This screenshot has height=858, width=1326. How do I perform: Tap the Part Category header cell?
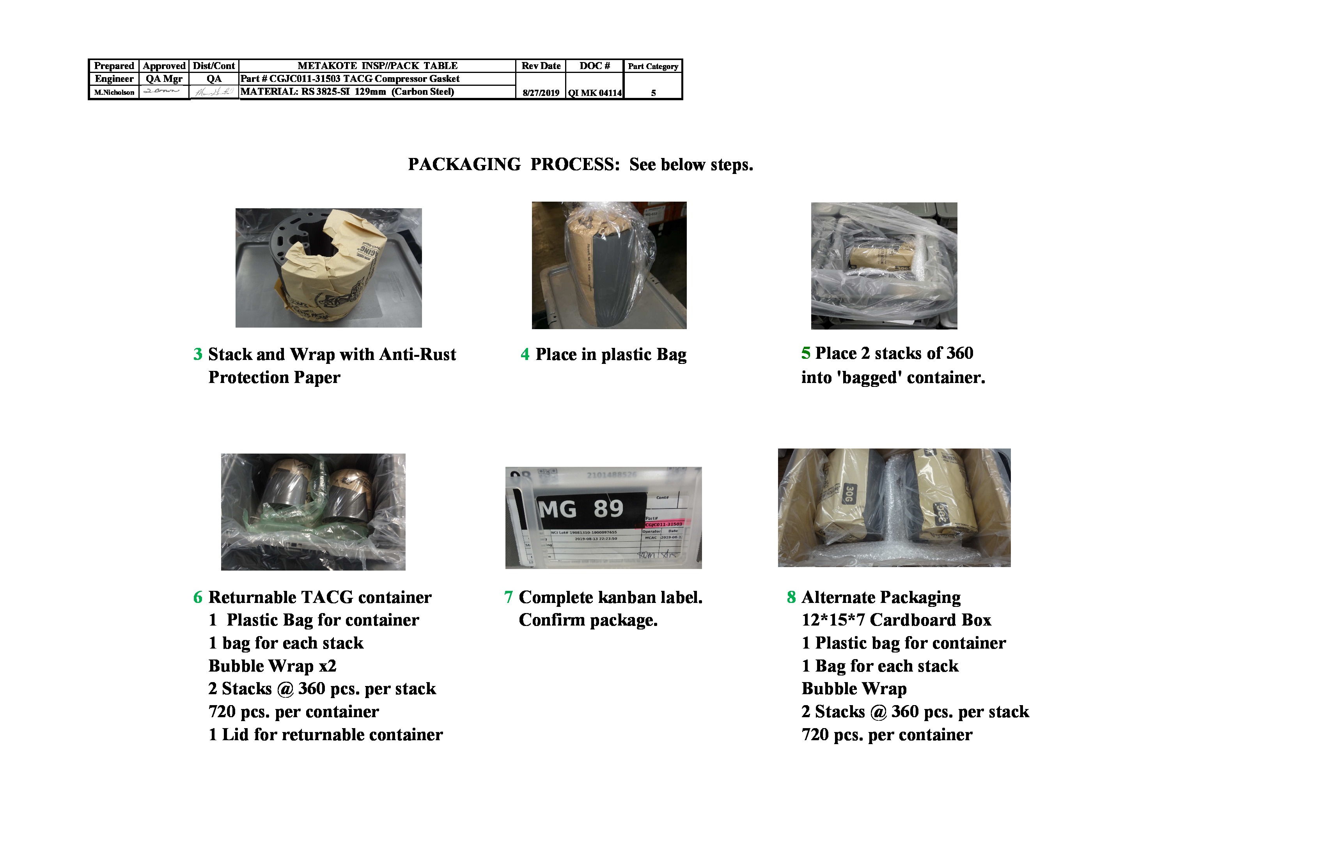pyautogui.click(x=653, y=66)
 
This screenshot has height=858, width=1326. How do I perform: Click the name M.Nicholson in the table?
pyautogui.click(x=114, y=92)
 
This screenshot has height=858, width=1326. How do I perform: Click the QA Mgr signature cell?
pyautogui.click(x=163, y=91)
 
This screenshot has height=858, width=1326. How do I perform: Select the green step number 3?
pyautogui.click(x=198, y=355)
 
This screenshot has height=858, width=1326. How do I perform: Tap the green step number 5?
pyautogui.click(x=806, y=353)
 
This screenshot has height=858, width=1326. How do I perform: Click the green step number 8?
pyautogui.click(x=791, y=597)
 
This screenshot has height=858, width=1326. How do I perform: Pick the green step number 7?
pyautogui.click(x=508, y=597)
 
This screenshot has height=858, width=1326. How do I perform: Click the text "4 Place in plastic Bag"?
pyautogui.click(x=603, y=355)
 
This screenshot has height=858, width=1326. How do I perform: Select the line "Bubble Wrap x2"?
pyautogui.click(x=273, y=666)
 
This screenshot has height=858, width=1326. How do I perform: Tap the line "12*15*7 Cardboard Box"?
pyautogui.click(x=896, y=620)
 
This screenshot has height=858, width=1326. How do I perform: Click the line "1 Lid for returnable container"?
pyautogui.click(x=325, y=735)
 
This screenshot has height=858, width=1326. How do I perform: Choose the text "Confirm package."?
pyautogui.click(x=588, y=620)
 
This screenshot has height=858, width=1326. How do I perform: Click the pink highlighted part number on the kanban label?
pyautogui.click(x=663, y=524)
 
